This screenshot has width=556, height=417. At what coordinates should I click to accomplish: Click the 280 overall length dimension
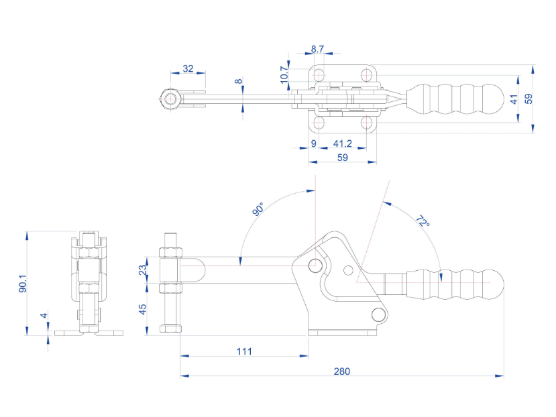pyautogui.click(x=341, y=371)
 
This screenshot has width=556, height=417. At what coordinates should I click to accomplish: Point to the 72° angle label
pyautogui.click(x=422, y=222)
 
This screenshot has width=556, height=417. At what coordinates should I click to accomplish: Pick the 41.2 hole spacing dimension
pyautogui.click(x=343, y=143)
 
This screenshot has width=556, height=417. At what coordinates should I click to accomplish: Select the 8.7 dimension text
pyautogui.click(x=318, y=49)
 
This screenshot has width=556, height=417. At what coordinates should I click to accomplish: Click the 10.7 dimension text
pyautogui.click(x=284, y=73)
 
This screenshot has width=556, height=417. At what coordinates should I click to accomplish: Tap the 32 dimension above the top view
pyautogui.click(x=188, y=68)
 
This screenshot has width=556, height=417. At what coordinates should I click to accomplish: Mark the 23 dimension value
pyautogui.click(x=142, y=270)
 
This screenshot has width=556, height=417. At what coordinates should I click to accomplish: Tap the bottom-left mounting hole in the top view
pyautogui.click(x=319, y=123)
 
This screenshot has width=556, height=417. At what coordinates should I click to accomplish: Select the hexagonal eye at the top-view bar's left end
pyautogui.click(x=170, y=99)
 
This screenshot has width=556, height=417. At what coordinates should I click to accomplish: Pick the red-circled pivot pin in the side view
pyautogui.click(x=314, y=265)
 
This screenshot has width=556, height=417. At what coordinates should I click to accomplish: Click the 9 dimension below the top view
pyautogui.click(x=313, y=143)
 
